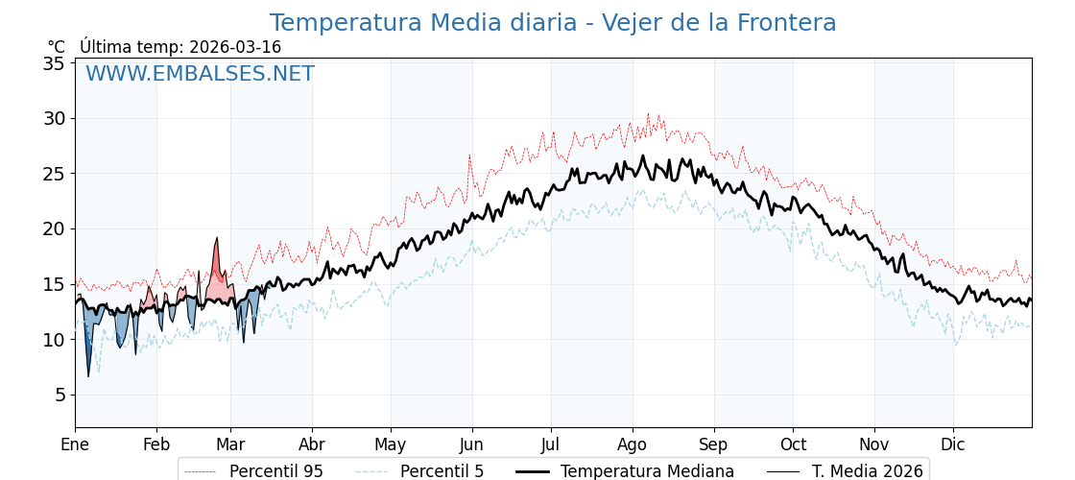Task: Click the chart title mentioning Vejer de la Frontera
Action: (552, 23)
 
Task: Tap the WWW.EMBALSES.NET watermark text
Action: (200, 74)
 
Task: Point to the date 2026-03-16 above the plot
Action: (235, 47)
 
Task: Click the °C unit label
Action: (57, 47)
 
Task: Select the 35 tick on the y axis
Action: (54, 63)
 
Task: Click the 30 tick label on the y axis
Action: (54, 118)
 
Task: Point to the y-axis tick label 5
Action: (59, 395)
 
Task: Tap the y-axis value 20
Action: (54, 228)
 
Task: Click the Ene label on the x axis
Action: (75, 445)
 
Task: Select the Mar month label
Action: (230, 445)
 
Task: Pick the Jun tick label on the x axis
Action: (471, 445)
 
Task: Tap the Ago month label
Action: (633, 445)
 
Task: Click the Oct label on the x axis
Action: (793, 445)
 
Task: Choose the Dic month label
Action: (953, 445)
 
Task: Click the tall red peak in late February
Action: (217, 240)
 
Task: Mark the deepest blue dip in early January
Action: (88, 373)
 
